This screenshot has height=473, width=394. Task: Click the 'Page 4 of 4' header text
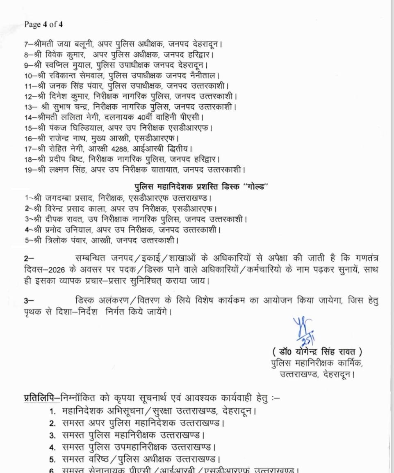point(43,24)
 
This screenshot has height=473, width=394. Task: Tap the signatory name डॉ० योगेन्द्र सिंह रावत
point(317,352)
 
